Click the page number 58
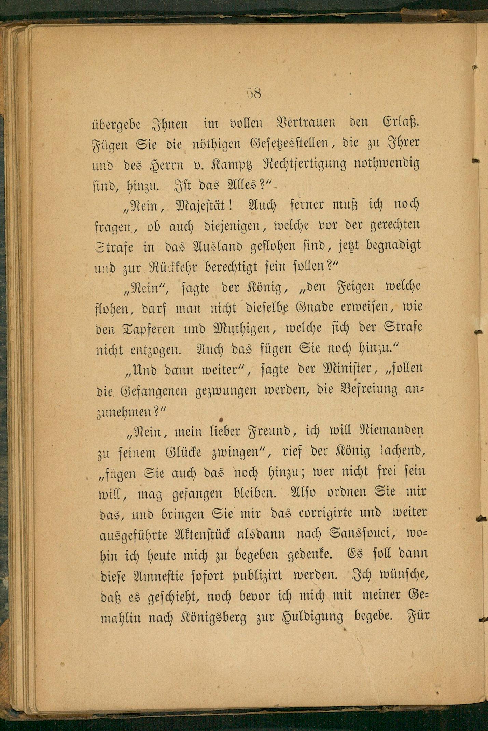point(254,93)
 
